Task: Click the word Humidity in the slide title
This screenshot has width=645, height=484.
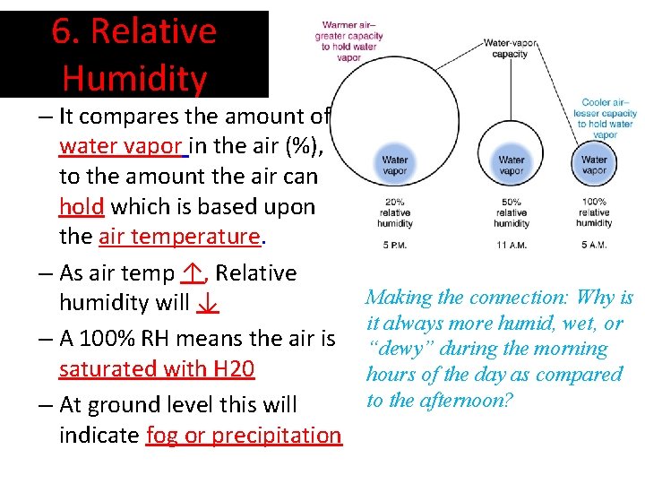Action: (x=134, y=79)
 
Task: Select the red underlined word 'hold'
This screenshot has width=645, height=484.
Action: (x=82, y=206)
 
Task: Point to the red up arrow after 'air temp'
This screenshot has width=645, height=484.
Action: (x=191, y=272)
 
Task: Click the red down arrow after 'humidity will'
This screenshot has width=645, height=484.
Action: (x=207, y=303)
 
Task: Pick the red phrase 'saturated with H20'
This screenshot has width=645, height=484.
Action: (x=157, y=368)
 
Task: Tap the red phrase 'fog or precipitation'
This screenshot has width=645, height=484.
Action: (x=243, y=435)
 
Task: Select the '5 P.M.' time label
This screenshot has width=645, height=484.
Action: (x=395, y=244)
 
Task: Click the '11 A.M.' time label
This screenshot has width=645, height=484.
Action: (x=511, y=244)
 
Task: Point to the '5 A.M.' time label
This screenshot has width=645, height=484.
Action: (x=594, y=244)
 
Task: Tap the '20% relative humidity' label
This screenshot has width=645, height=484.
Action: (x=395, y=213)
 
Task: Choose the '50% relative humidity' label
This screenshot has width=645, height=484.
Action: (x=511, y=213)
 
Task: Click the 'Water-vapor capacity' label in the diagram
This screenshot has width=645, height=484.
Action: (x=510, y=48)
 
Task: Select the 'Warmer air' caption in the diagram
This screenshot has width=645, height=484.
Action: (x=348, y=41)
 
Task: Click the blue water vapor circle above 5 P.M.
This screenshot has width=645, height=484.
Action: (x=395, y=166)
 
